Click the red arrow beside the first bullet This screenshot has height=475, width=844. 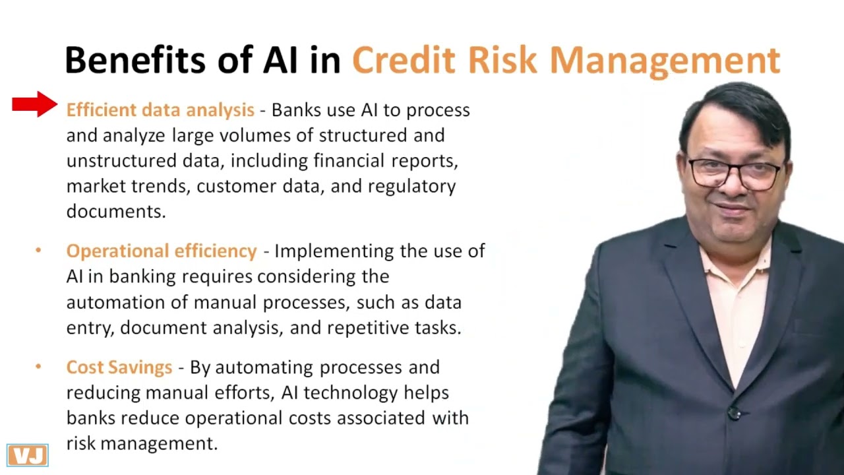coord(34,104)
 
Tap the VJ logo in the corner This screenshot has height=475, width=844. coord(28,455)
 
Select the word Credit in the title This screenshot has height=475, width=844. coord(403,60)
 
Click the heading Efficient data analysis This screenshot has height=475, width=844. coord(160,110)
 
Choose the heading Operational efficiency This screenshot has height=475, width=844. coord(162,251)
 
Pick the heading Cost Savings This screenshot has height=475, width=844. coord(119,367)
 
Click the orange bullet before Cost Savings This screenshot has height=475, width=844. coord(38,366)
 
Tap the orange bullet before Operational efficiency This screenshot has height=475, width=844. coord(38,250)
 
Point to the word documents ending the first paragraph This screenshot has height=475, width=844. coord(115,212)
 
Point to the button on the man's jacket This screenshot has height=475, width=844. coord(734,414)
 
